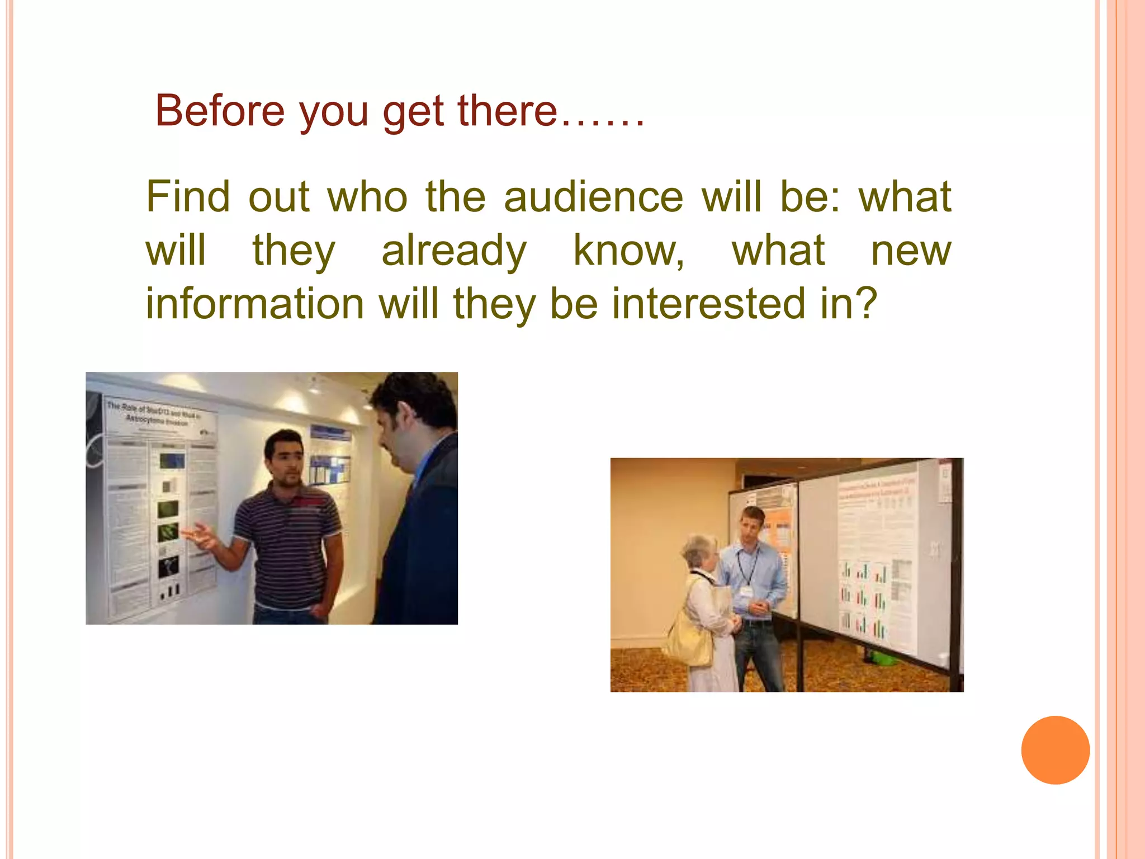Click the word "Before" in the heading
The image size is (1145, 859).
coord(220,111)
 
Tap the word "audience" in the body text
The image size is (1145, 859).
coord(593,197)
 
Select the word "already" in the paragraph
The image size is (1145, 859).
coord(454,251)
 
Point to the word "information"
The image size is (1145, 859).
coord(255,304)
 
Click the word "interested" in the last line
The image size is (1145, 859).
coord(709,304)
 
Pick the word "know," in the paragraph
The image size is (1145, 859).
coord(629,251)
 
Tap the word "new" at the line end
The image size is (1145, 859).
coord(911,251)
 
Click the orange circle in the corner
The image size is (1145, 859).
coord(1055,750)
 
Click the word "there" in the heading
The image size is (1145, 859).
coord(507,111)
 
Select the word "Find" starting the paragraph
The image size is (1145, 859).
coord(188,197)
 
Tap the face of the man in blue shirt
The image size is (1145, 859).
coord(750,525)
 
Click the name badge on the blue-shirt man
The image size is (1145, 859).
coord(746,592)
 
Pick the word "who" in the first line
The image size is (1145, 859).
coord(367,197)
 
